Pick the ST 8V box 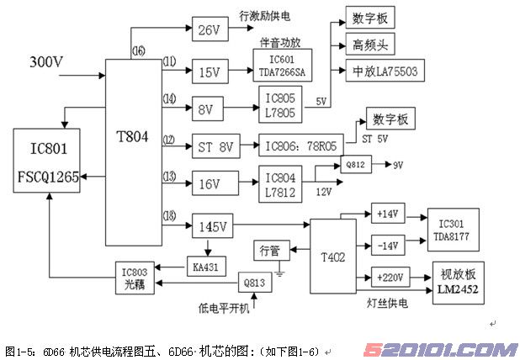coord(215,147)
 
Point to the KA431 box coord(205,267)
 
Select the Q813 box coord(255,283)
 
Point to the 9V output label coord(398,164)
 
